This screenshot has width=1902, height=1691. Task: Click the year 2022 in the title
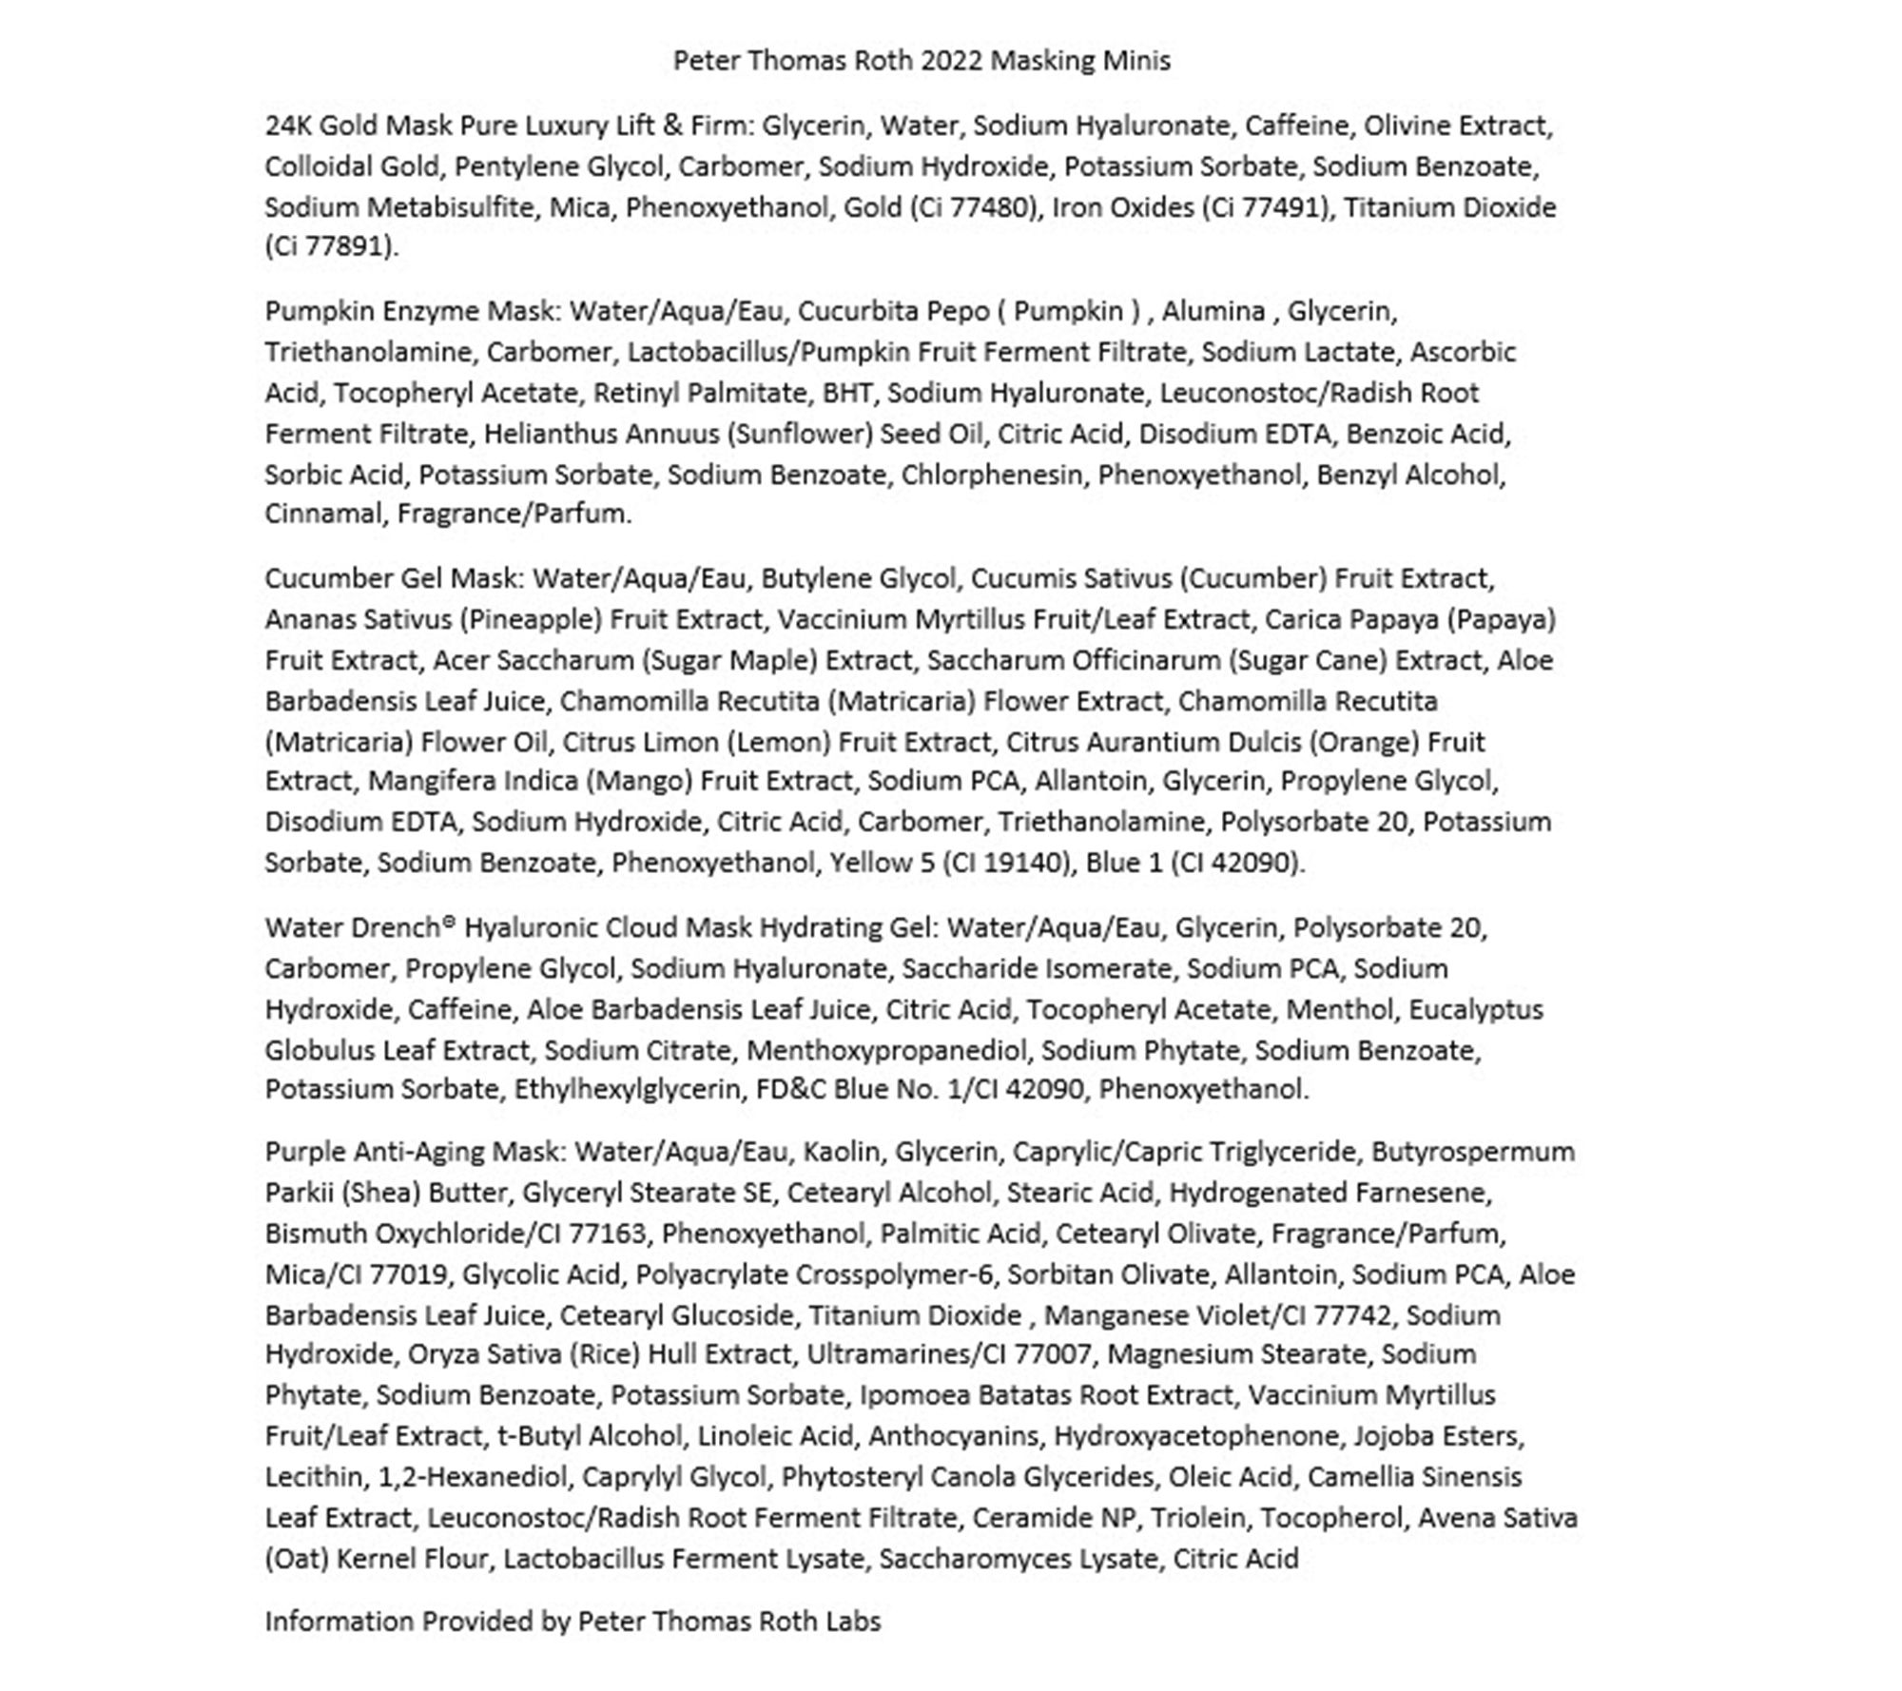click(952, 61)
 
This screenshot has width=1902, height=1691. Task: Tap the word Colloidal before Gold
click(319, 166)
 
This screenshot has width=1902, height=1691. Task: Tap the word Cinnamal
click(326, 514)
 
